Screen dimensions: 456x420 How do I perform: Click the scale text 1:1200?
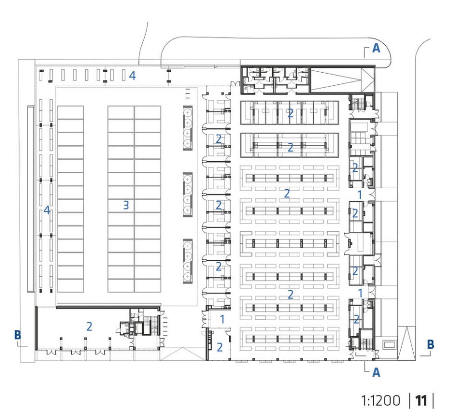[x=380, y=400]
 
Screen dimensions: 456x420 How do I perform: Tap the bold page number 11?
[x=420, y=400]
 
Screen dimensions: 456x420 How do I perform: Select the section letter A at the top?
[x=376, y=48]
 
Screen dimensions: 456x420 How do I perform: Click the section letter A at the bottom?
[x=376, y=372]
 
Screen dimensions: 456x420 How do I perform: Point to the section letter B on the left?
[x=17, y=335]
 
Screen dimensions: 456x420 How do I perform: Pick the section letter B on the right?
[x=430, y=344]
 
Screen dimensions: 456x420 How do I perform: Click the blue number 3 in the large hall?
[x=126, y=205]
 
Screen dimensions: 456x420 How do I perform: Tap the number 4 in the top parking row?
[x=132, y=76]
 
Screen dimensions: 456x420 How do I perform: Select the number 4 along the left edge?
[x=47, y=210]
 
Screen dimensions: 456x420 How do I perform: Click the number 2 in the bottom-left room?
[x=89, y=327]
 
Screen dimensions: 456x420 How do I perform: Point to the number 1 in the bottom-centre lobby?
[x=222, y=319]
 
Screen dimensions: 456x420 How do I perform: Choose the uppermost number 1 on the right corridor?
[x=360, y=195]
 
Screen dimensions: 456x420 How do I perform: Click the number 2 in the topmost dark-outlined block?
[x=290, y=113]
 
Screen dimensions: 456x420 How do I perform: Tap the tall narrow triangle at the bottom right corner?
[x=406, y=343]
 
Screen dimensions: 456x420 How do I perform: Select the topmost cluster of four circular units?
[x=188, y=128]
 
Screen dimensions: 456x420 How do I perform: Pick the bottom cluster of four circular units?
[x=188, y=261]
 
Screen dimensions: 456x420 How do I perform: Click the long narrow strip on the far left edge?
[x=30, y=199]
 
